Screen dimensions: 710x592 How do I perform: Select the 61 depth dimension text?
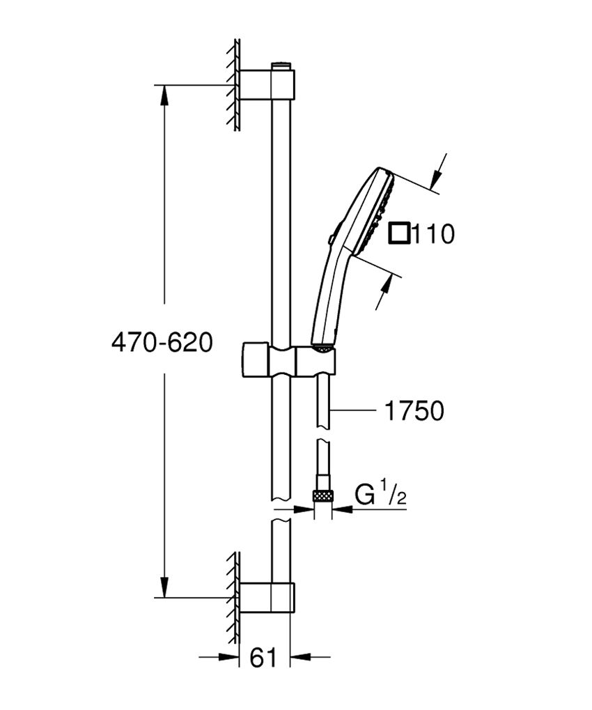[263, 657]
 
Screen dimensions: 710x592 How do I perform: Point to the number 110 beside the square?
[433, 234]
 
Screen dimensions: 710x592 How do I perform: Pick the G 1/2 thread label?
[380, 495]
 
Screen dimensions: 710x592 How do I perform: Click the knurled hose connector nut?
[322, 495]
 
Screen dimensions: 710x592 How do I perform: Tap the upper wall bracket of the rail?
[268, 84]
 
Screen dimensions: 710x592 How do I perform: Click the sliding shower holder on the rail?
[288, 360]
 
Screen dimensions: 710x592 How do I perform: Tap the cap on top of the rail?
[281, 65]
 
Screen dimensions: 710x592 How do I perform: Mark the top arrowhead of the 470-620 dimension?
[164, 94]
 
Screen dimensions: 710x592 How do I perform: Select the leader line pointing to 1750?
[355, 411]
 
